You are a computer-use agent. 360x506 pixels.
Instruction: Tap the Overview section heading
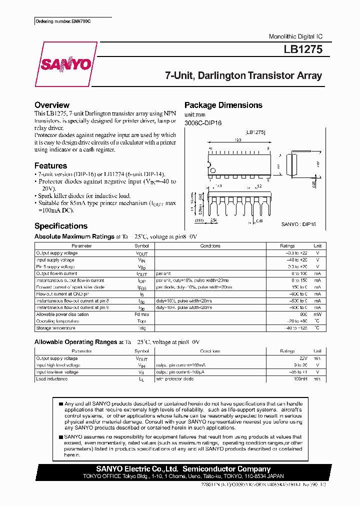(52, 105)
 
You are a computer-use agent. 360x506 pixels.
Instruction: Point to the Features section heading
(50, 165)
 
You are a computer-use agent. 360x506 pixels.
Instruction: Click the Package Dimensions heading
(223, 105)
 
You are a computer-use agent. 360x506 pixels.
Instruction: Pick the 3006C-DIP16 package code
(203, 123)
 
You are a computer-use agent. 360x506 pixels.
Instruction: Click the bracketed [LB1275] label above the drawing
(256, 132)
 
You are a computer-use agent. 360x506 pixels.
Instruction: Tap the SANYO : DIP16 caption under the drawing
(298, 225)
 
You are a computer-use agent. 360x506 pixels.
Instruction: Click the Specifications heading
(61, 226)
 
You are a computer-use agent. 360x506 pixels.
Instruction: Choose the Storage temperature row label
(55, 328)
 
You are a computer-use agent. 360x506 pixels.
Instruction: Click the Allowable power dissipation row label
(62, 314)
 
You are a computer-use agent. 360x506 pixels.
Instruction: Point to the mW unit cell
(317, 314)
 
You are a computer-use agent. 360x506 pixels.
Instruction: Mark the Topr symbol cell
(142, 321)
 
